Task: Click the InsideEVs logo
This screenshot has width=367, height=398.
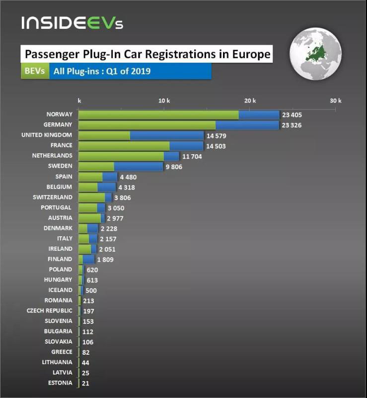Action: click(72, 22)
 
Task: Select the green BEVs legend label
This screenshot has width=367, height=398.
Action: click(34, 71)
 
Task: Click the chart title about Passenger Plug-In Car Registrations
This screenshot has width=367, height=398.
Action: click(147, 54)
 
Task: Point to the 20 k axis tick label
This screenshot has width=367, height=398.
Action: click(251, 101)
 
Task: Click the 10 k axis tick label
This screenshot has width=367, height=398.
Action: click(164, 101)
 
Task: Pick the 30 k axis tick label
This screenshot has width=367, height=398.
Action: click(336, 101)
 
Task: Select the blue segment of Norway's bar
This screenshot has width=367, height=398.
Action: click(259, 114)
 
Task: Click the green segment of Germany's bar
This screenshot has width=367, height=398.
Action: click(147, 125)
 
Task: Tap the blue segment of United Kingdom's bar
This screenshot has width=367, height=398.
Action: click(167, 135)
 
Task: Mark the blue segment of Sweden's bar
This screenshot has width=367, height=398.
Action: click(139, 166)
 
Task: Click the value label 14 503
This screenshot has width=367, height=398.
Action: click(217, 146)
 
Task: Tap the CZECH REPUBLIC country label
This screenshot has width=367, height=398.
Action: click(49, 310)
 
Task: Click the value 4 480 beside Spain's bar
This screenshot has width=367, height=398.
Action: click(128, 177)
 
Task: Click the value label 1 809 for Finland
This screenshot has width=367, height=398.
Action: click(105, 259)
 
